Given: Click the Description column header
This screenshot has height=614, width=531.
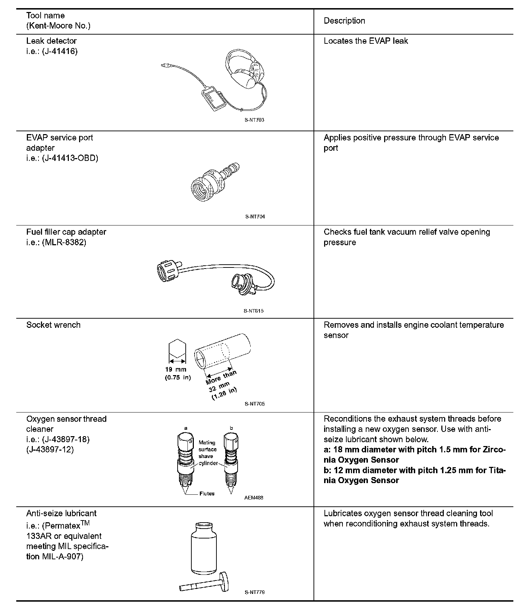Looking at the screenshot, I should [x=344, y=21].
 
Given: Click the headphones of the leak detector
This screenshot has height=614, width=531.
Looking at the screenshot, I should [x=244, y=71].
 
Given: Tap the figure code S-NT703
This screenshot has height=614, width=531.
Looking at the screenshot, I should [x=254, y=120].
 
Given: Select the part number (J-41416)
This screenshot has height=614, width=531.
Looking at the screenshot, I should [x=60, y=51].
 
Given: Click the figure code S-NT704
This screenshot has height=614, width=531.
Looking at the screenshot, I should [x=255, y=217].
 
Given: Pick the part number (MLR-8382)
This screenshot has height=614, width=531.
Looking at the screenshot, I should [x=64, y=242].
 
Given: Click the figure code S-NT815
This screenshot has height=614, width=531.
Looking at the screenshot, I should [x=253, y=311].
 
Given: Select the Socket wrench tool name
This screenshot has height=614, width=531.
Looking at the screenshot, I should [x=53, y=325].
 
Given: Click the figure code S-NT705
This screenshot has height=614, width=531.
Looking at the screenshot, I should [x=254, y=404].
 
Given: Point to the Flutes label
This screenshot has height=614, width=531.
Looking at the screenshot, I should [x=207, y=494].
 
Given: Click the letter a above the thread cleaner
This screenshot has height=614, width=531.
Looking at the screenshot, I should [x=186, y=428].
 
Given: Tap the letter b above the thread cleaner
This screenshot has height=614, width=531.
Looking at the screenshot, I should [x=231, y=428].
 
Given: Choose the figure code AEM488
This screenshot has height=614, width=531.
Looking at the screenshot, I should [x=253, y=498].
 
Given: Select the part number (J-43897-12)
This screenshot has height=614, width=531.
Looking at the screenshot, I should [x=50, y=450].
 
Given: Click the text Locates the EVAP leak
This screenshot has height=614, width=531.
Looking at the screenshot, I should [x=366, y=41].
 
